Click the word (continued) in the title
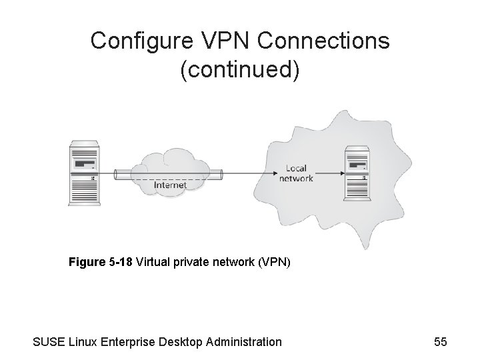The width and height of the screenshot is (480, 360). [239, 70]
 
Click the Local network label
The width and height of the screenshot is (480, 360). [296, 173]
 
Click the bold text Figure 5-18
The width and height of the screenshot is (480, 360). [101, 262]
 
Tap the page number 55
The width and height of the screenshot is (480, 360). [440, 342]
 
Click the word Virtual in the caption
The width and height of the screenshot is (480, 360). [153, 262]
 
